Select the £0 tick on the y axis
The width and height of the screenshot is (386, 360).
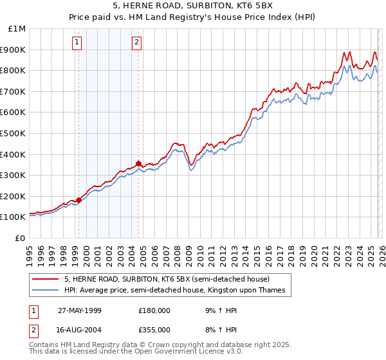pos(21,238)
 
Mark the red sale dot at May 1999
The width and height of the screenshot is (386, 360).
pos(79,200)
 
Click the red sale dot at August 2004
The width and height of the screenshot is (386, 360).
pos(138,163)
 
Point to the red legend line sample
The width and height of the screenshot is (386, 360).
pos(45,279)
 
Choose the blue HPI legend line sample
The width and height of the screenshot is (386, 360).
pos(45,291)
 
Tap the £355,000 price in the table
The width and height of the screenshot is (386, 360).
pos(154,329)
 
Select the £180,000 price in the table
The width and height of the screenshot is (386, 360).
pos(154,310)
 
